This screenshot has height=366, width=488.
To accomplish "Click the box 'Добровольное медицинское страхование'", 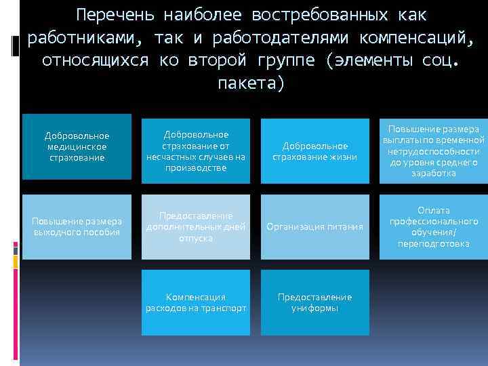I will click(77, 146).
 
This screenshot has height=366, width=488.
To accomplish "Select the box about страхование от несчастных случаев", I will click(196, 150).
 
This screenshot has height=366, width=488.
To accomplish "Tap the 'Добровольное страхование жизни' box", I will click(315, 151).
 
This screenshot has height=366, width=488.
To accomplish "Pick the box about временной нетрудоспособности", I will click(434, 150).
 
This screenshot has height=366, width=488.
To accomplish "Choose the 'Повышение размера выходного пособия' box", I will click(77, 226).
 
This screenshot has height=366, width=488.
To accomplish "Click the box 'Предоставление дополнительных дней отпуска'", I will click(196, 226).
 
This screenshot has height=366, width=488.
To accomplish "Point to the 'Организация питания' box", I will click(315, 226).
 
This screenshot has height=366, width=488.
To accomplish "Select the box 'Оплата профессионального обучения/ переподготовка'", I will click(434, 226).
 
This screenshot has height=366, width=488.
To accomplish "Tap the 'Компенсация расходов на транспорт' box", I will click(196, 302).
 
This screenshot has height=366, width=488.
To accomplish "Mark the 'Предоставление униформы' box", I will click(315, 302).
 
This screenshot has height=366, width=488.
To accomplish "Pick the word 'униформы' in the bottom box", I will click(315, 308).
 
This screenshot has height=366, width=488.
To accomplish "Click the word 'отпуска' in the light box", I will click(196, 238).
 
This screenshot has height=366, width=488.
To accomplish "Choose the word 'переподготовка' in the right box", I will click(434, 243).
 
